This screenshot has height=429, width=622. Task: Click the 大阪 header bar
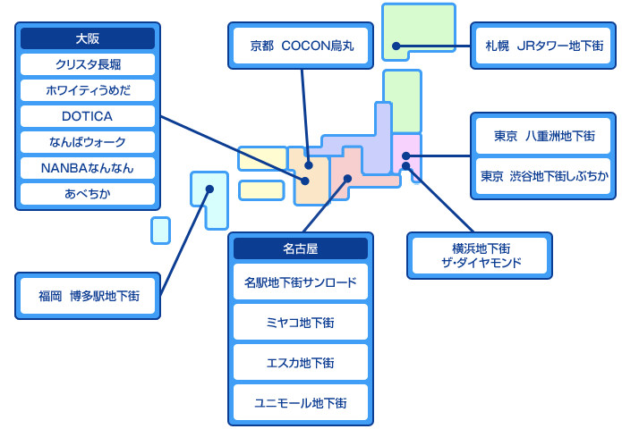(88, 38)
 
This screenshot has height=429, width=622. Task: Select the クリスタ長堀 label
(88, 64)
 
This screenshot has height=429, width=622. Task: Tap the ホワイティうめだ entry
(88, 90)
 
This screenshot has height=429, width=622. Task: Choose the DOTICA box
(88, 116)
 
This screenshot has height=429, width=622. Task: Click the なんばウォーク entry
(88, 142)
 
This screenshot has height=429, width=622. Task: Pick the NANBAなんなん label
(88, 168)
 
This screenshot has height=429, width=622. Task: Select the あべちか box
(88, 193)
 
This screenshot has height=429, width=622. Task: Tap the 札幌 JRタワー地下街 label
(544, 46)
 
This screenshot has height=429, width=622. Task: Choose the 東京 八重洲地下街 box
(544, 136)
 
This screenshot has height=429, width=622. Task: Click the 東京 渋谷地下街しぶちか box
(544, 176)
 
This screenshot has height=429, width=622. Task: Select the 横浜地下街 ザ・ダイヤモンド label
(481, 257)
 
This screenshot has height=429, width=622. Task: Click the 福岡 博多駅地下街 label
(88, 296)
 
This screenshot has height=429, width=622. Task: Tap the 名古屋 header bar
(301, 248)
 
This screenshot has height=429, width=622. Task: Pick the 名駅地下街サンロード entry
(301, 282)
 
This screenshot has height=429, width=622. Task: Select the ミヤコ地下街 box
(301, 322)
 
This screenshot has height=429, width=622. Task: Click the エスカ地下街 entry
(301, 362)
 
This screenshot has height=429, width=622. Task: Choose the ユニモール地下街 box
(301, 402)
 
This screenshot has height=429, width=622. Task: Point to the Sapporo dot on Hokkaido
(395, 46)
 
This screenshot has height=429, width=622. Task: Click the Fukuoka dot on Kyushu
(209, 189)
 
